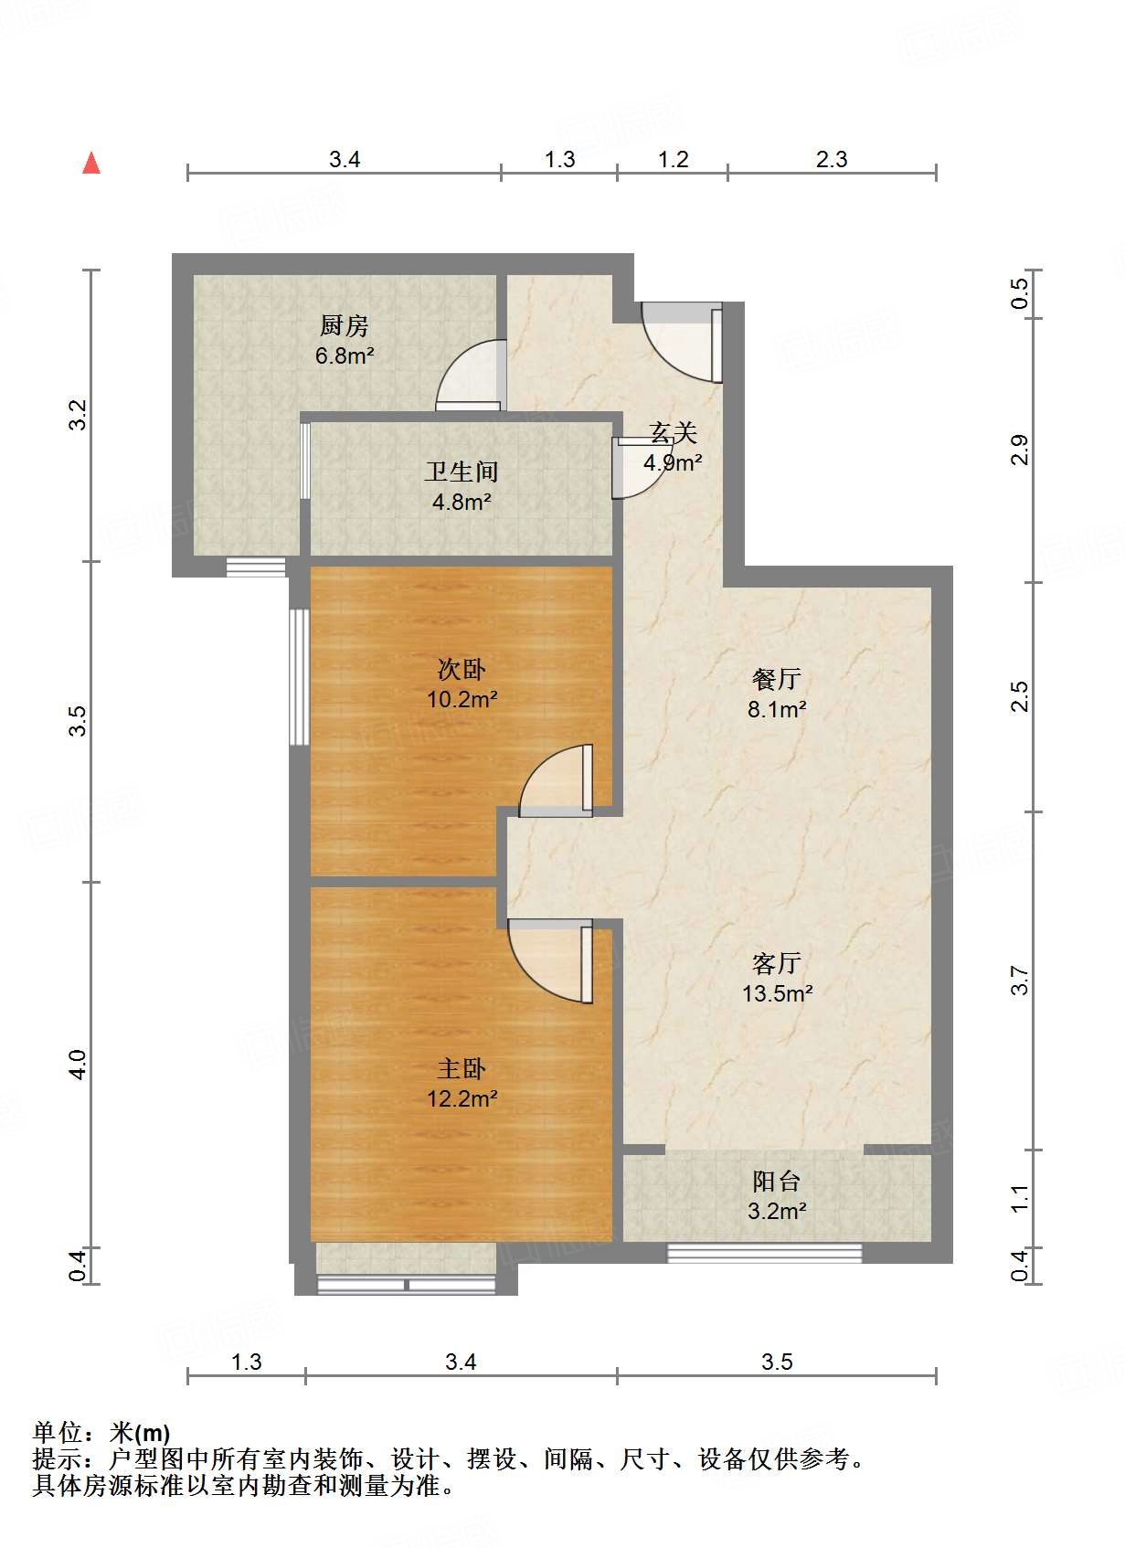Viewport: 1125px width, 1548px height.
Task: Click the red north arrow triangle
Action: pos(91,164)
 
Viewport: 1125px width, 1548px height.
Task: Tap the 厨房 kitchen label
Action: pos(345,325)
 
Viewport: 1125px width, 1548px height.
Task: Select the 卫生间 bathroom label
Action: pos(462,472)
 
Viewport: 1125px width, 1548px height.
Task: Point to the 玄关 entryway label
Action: pos(674,431)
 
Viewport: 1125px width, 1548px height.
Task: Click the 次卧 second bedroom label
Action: pos(462,669)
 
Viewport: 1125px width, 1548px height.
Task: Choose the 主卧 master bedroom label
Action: pos(462,1068)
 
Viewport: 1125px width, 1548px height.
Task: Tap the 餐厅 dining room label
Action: pos(777,678)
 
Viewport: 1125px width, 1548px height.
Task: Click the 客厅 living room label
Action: pos(777,962)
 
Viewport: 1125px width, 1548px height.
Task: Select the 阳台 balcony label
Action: pos(777,1181)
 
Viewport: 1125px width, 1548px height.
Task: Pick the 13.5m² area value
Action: pos(777,993)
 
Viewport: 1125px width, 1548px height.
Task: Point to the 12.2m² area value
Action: pos(462,1098)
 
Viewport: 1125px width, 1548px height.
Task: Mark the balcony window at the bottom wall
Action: pos(764,1253)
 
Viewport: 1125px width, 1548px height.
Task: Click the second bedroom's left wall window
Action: pos(299,677)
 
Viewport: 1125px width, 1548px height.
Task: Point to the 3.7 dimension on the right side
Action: pos(1020,981)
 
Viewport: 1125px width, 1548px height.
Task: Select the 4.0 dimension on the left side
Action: pos(79,1065)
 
